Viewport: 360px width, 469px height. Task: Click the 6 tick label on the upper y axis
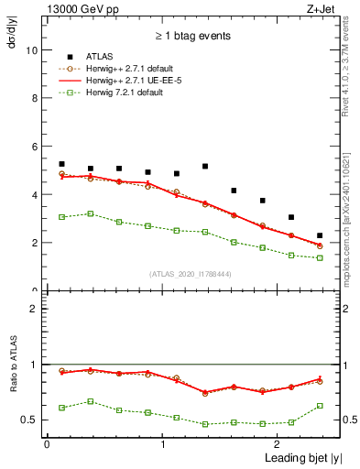coord(35,147)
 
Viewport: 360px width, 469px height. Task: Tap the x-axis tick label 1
coord(162,443)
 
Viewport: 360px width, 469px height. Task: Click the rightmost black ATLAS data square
coord(320,235)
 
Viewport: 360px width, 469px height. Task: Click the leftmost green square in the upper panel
coord(61,217)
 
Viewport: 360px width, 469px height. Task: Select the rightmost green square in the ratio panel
coord(320,406)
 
